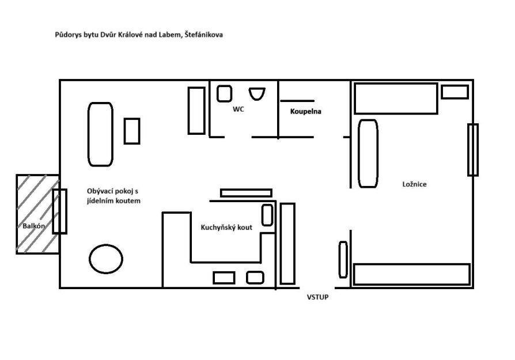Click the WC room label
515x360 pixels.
(x=238, y=109)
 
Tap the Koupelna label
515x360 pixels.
(x=305, y=111)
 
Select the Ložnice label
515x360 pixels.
(x=414, y=184)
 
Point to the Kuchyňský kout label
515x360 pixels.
(x=226, y=227)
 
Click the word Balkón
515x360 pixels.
(x=33, y=226)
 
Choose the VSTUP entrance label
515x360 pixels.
(x=317, y=297)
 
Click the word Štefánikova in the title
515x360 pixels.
(x=203, y=35)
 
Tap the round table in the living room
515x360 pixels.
(x=106, y=259)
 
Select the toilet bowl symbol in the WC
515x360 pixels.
(x=257, y=94)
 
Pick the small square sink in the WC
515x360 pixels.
(x=224, y=94)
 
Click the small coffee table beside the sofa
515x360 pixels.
(x=132, y=131)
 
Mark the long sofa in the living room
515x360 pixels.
(x=100, y=134)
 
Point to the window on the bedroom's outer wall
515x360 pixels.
(x=472, y=150)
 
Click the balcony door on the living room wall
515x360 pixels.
(x=60, y=211)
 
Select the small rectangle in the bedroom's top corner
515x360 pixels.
(x=455, y=92)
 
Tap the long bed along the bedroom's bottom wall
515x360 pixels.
(x=411, y=274)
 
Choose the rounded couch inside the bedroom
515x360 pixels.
(x=368, y=153)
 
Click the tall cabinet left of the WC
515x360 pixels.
(x=196, y=111)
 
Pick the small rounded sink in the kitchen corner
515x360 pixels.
(x=267, y=215)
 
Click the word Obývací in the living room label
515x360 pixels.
(x=99, y=191)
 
